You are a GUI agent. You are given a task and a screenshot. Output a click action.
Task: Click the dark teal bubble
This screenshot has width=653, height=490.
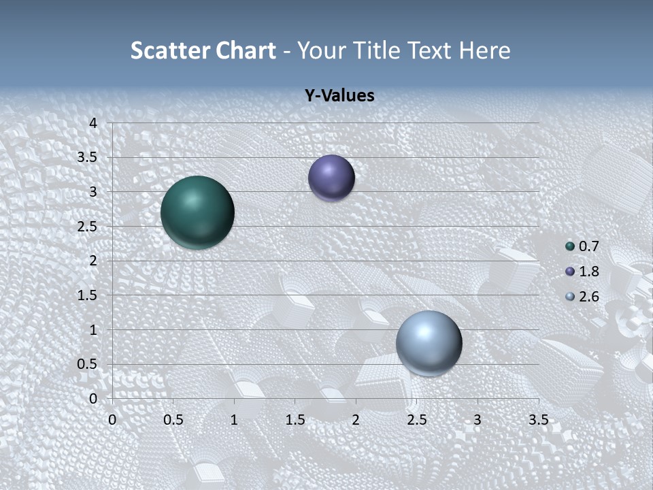[x=197, y=212]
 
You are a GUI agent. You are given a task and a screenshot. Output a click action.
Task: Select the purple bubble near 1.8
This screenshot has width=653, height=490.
[x=331, y=178]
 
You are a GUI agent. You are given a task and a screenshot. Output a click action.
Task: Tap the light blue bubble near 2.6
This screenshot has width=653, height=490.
[x=429, y=343]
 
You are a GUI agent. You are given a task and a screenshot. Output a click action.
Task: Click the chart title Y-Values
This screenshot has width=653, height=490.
[x=339, y=96]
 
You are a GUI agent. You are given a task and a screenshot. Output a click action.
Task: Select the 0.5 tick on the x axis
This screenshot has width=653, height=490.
[x=173, y=420]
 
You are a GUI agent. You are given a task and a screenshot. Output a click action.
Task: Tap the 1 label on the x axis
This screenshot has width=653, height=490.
[x=234, y=420]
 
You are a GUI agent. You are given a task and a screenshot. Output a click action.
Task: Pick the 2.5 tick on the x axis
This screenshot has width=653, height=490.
[x=417, y=420]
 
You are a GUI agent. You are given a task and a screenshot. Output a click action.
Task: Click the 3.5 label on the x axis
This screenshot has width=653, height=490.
[x=538, y=420]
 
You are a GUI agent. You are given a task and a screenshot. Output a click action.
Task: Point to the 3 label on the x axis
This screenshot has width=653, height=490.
[x=478, y=420]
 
